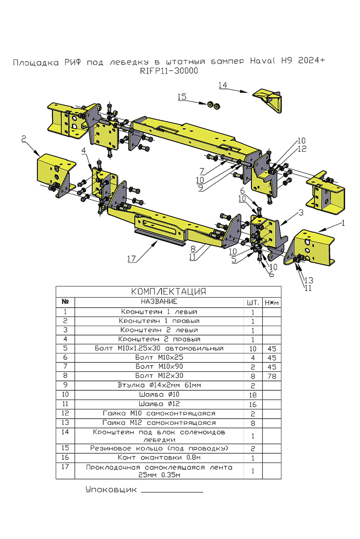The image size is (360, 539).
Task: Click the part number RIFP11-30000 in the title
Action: [169, 71]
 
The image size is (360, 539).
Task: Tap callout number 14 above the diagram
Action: [223, 85]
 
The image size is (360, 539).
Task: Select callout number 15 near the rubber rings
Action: [181, 97]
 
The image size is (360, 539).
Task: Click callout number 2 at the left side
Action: [23, 140]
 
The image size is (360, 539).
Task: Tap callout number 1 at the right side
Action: [343, 222]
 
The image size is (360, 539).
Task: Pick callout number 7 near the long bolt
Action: [202, 171]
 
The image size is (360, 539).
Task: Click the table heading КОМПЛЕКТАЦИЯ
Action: [168, 292]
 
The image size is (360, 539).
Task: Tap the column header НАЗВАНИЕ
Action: [159, 301]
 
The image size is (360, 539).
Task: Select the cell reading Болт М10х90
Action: [159, 367]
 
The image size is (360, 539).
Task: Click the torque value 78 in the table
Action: [271, 376]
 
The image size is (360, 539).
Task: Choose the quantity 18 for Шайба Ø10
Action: [253, 394]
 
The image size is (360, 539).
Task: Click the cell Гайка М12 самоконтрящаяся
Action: [159, 423]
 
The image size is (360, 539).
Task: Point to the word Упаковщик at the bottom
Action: [111, 490]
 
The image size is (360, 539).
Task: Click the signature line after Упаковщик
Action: [172, 492]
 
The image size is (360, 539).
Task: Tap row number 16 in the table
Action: [66, 458]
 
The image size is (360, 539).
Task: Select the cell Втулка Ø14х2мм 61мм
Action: [159, 385]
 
